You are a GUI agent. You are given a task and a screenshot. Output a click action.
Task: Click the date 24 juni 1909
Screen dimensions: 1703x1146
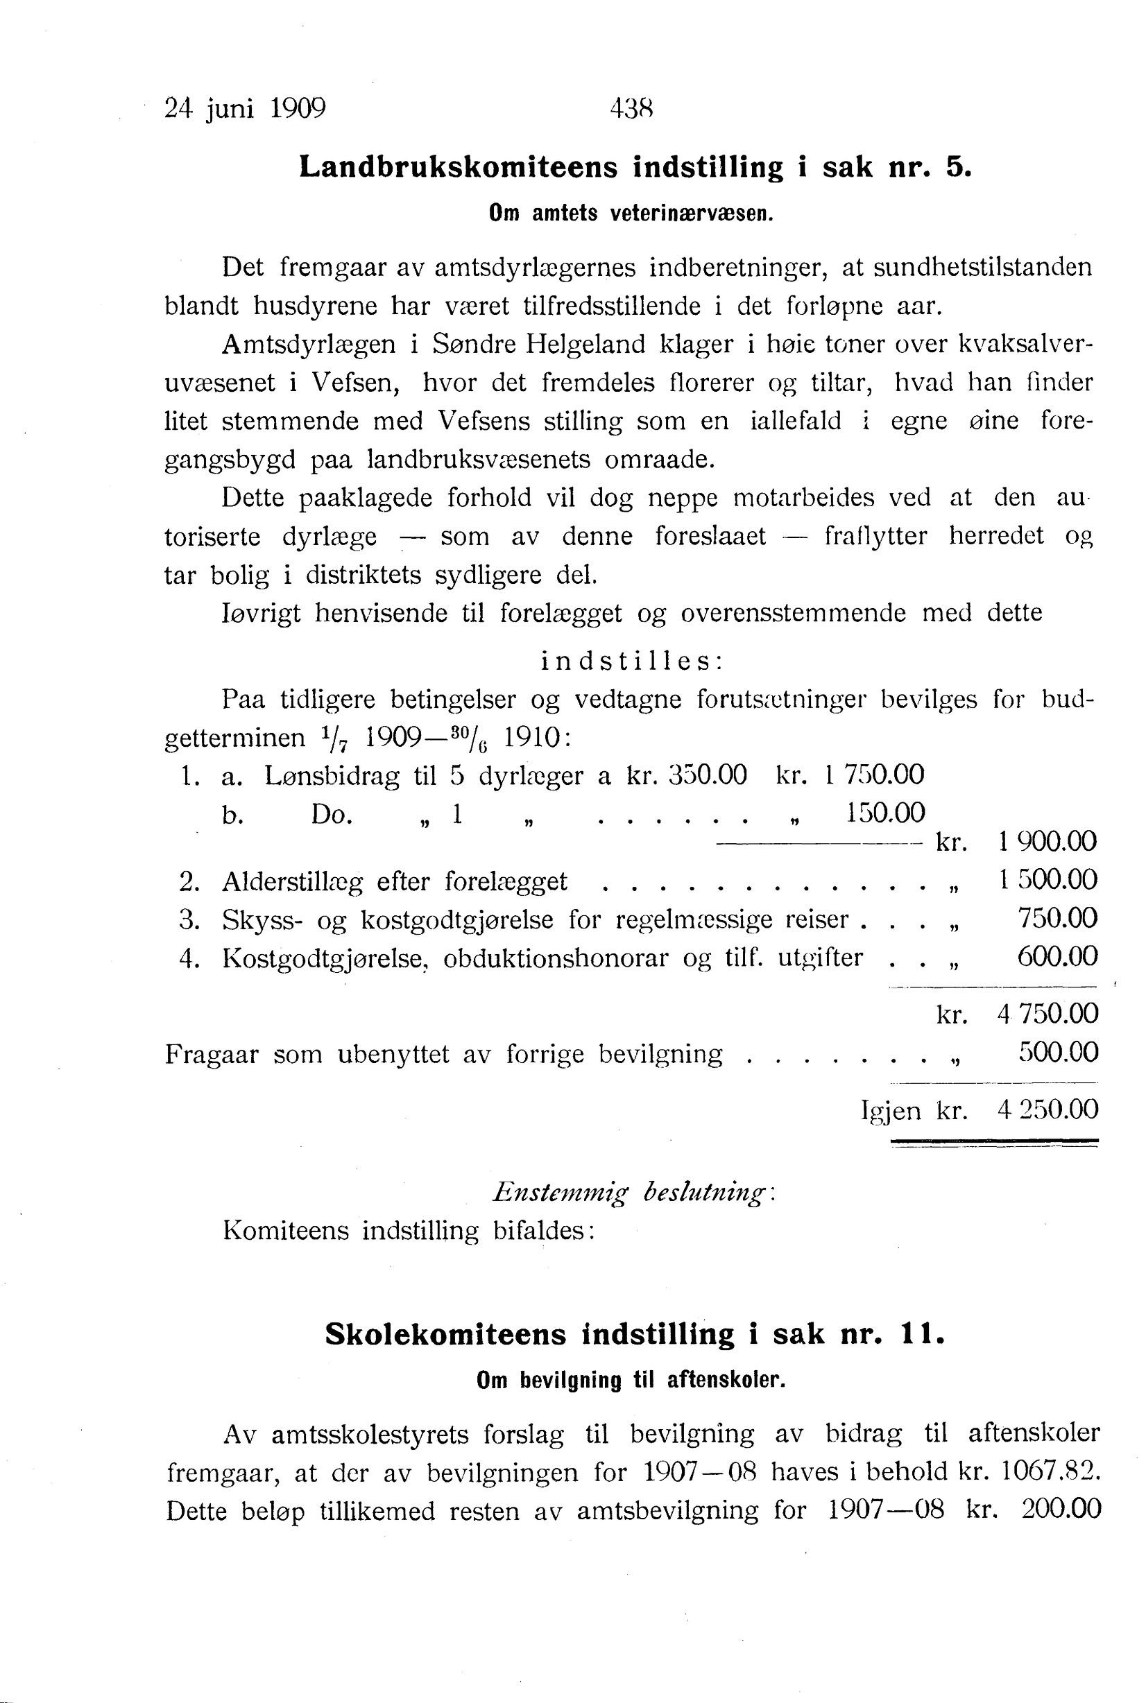[x=245, y=109]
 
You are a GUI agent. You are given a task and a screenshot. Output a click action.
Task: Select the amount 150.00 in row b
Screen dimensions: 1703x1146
[x=885, y=813]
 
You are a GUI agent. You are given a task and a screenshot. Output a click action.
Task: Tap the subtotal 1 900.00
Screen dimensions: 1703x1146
[x=1047, y=842]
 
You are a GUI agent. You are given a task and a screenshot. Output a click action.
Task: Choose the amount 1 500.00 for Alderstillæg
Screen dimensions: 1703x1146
[x=1047, y=881]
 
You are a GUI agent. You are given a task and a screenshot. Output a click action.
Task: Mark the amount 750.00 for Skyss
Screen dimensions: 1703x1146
[x=1058, y=918]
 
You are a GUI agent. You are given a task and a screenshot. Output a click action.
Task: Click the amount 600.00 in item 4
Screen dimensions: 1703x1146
[x=1058, y=956]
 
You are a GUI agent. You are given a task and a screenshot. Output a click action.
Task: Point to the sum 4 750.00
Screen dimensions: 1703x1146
[x=1047, y=1013]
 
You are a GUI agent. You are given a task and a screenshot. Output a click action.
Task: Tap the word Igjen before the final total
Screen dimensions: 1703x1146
[x=891, y=1112]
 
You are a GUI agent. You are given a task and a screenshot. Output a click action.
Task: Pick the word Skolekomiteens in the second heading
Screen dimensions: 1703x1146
[x=446, y=1335]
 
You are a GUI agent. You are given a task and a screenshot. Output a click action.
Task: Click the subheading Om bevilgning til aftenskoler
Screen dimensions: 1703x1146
[x=631, y=1381]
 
